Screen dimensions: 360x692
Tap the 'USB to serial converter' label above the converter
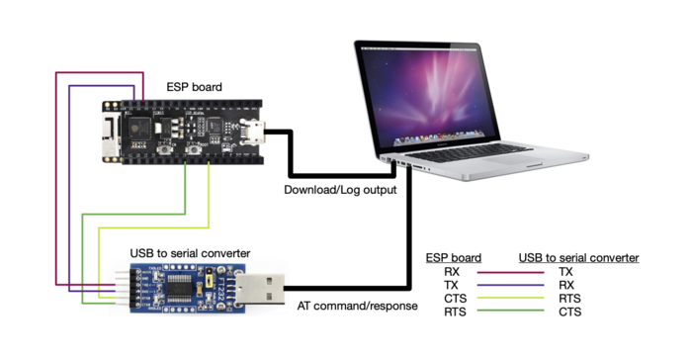[190, 252]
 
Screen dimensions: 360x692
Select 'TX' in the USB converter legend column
[565, 271]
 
